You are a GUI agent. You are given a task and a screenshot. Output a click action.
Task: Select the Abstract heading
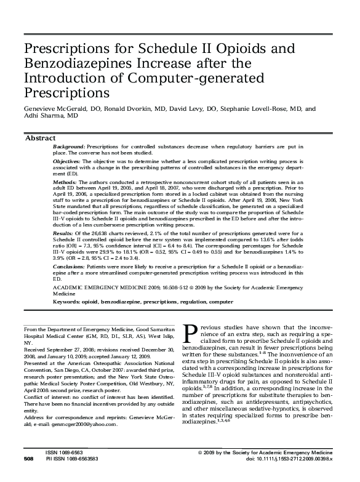[40, 139]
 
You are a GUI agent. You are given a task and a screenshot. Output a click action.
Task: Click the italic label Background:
[69, 148]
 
